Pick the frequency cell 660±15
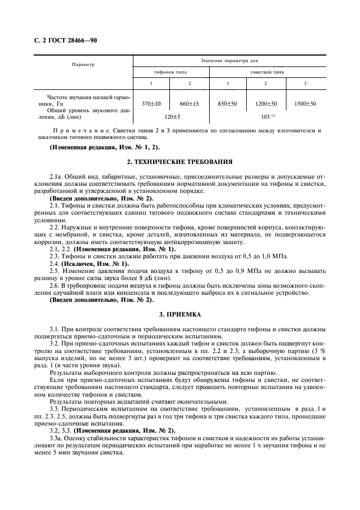click(190, 104)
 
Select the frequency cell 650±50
click(228, 104)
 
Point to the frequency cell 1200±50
click(266, 104)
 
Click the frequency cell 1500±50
click(305, 104)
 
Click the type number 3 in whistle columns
click(305, 83)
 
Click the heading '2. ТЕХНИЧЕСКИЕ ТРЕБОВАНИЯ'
click(180, 162)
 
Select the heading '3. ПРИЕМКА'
click(180, 314)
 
